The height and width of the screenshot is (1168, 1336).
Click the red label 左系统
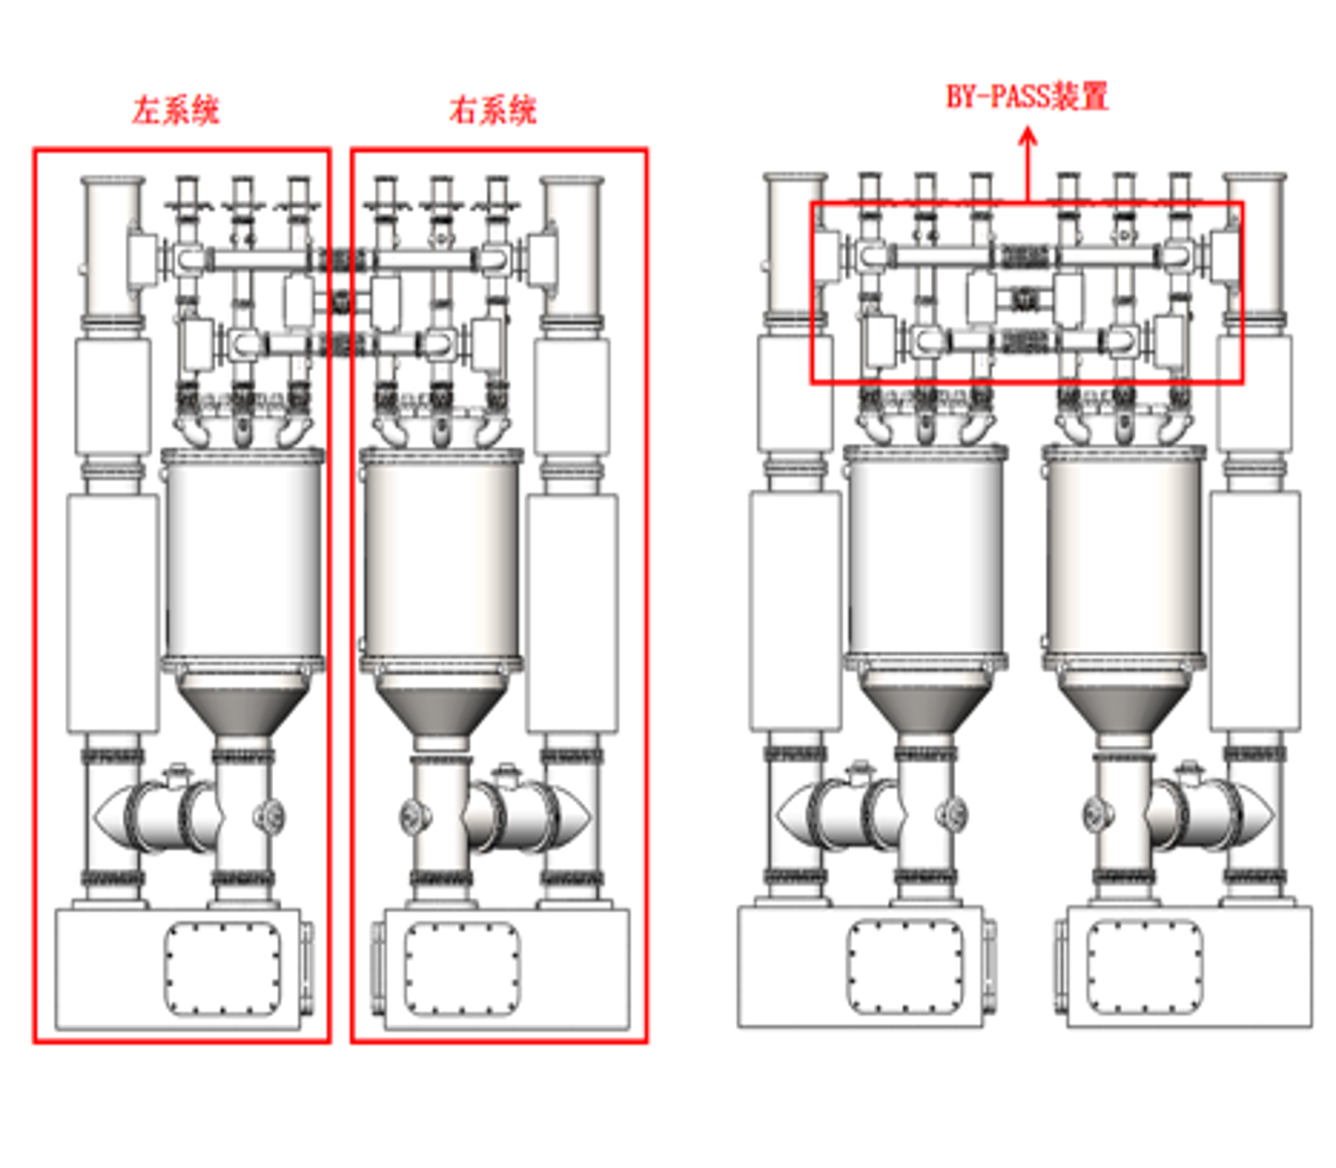[x=176, y=110]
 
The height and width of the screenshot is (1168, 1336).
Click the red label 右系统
[x=493, y=110]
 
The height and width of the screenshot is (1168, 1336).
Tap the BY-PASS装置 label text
[x=1027, y=96]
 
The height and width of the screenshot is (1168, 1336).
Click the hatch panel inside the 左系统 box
[x=222, y=967]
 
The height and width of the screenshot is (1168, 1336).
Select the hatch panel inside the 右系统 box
[x=462, y=967]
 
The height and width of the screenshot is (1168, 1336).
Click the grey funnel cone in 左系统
[x=243, y=708]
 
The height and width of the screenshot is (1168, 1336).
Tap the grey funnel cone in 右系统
[x=441, y=708]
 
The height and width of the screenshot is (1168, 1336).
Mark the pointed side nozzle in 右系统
[x=575, y=815]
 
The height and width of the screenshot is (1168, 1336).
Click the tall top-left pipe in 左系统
[x=112, y=249]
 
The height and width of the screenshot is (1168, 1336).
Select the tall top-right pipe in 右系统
[x=572, y=249]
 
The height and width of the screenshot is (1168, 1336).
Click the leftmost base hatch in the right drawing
[x=905, y=966]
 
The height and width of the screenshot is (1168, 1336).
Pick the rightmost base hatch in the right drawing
[x=1145, y=966]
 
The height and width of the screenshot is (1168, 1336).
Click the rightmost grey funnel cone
[x=1124, y=708]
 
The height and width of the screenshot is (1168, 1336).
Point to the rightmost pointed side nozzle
[x=1258, y=815]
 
